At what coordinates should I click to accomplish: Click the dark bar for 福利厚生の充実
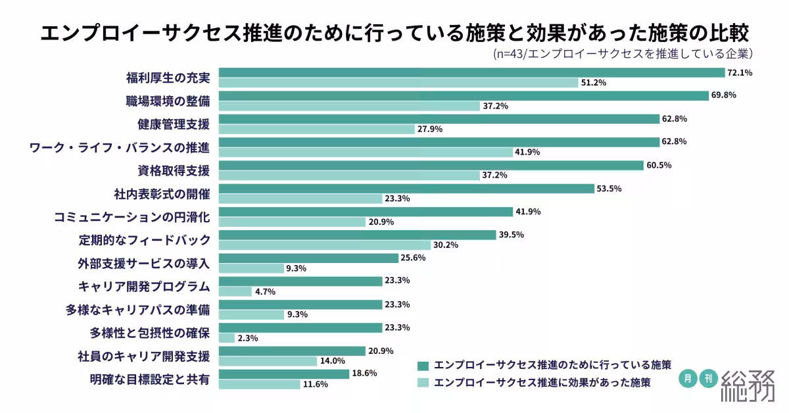coord(471,72)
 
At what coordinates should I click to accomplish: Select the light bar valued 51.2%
coord(397,83)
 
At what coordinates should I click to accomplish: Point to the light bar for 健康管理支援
coord(316,130)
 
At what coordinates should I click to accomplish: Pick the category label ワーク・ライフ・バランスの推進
coord(120,148)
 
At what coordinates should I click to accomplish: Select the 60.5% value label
coord(659,165)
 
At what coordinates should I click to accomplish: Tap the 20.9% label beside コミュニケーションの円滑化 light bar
coord(381,222)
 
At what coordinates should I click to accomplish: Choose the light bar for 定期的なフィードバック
coord(324,245)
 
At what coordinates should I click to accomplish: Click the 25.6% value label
coord(413,257)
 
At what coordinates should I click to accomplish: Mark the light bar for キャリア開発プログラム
coord(235,291)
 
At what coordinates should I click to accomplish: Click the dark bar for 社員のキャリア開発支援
coord(292,351)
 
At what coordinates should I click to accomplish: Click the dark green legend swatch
coord(423,366)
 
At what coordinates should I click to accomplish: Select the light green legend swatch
coord(423,383)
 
